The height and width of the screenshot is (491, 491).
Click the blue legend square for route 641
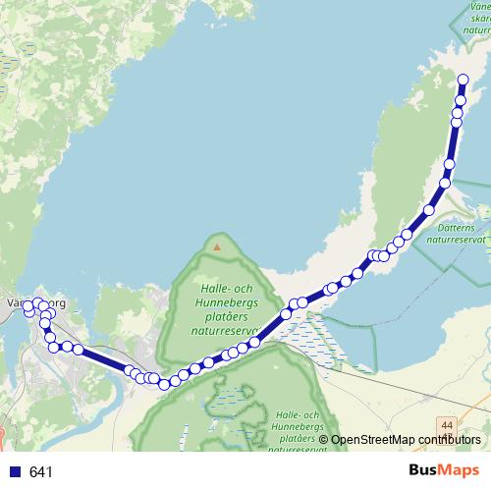pyautogui.click(x=16, y=471)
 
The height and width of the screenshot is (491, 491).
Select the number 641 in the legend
pyautogui.click(x=41, y=471)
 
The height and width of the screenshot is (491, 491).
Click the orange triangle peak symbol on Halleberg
pyautogui.click(x=217, y=246)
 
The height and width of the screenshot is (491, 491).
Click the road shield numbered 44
pyautogui.click(x=447, y=422)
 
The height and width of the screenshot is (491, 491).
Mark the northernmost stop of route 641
pyautogui.click(x=463, y=79)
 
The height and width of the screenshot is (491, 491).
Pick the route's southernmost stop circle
pyautogui.click(x=164, y=383)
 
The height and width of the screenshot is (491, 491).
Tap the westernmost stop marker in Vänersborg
pyautogui.click(x=29, y=310)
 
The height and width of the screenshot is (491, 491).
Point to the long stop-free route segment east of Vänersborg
pyautogui.click(x=103, y=358)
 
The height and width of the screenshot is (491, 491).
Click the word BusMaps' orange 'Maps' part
pyautogui.click(x=463, y=470)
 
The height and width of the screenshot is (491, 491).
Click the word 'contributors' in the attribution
pyautogui.click(x=447, y=440)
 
